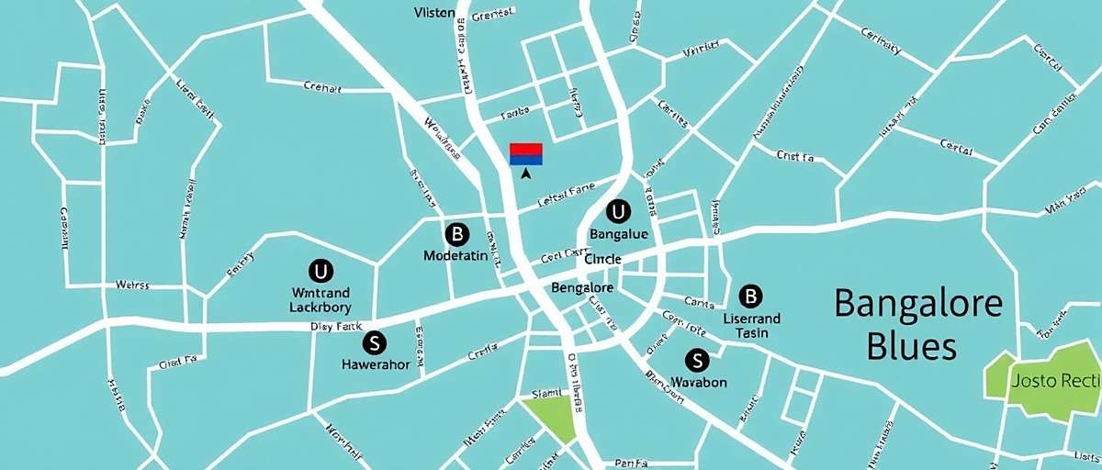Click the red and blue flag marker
point(526,153)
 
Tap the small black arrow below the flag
point(526,173)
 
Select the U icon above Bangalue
point(618,212)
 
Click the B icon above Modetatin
point(455,233)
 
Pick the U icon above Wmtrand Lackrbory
point(320,271)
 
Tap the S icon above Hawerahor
point(374,343)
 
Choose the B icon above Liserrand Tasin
point(750,296)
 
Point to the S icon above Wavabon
point(697,360)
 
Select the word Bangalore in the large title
point(917,302)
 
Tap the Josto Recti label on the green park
point(1053,380)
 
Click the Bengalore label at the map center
point(582,288)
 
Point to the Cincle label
point(602,260)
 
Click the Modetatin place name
point(455,256)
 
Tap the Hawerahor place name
point(376,364)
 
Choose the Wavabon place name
point(699,382)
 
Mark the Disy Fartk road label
point(337,326)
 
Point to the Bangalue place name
point(619,235)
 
